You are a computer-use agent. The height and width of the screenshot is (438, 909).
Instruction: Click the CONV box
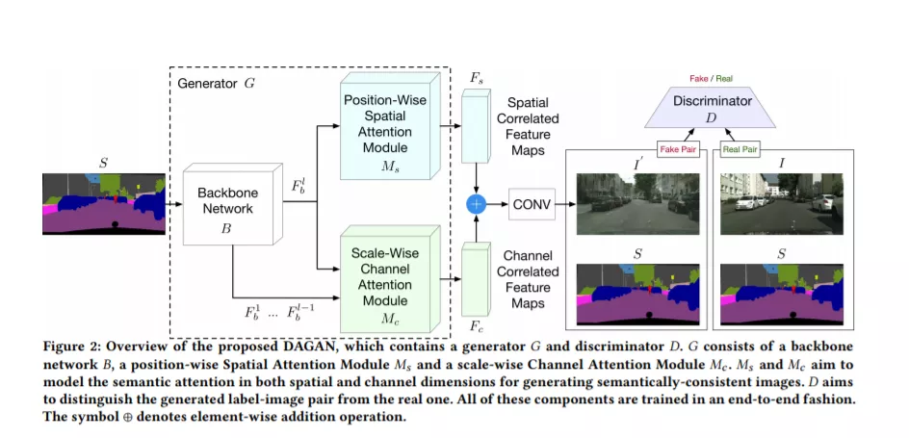pyautogui.click(x=532, y=204)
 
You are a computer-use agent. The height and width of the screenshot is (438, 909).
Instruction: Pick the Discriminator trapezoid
pyautogui.click(x=712, y=107)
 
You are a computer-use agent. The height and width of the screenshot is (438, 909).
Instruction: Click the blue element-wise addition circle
pyautogui.click(x=476, y=203)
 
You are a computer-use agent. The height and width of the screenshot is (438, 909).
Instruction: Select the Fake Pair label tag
pyautogui.click(x=678, y=149)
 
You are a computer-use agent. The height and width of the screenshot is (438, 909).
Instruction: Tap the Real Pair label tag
pyautogui.click(x=740, y=149)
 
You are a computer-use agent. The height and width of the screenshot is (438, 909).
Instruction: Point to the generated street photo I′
pyautogui.click(x=637, y=204)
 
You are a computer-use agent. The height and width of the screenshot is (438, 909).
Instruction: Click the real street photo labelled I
pyautogui.click(x=782, y=204)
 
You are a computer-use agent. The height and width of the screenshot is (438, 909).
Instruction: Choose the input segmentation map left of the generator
pyautogui.click(x=104, y=203)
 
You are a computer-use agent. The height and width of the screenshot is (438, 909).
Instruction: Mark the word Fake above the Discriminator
pyautogui.click(x=698, y=78)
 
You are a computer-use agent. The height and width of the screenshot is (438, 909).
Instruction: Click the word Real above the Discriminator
pyautogui.click(x=723, y=78)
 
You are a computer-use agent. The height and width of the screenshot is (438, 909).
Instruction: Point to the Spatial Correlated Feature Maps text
pyautogui.click(x=528, y=126)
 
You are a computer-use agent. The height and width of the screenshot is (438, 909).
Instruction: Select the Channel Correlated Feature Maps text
pyautogui.click(x=528, y=278)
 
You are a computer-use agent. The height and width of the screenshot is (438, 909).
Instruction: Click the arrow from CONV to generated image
pyautogui.click(x=565, y=204)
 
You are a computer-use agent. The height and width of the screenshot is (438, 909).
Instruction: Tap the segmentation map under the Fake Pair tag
pyautogui.click(x=637, y=294)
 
